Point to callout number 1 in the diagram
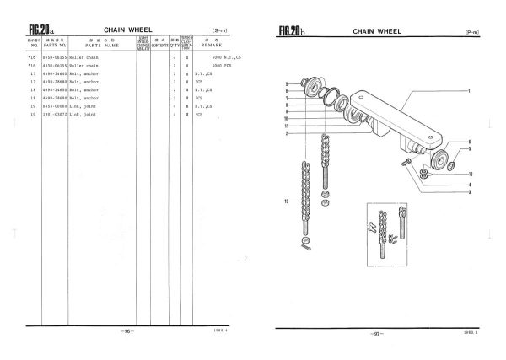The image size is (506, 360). (468, 90)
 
